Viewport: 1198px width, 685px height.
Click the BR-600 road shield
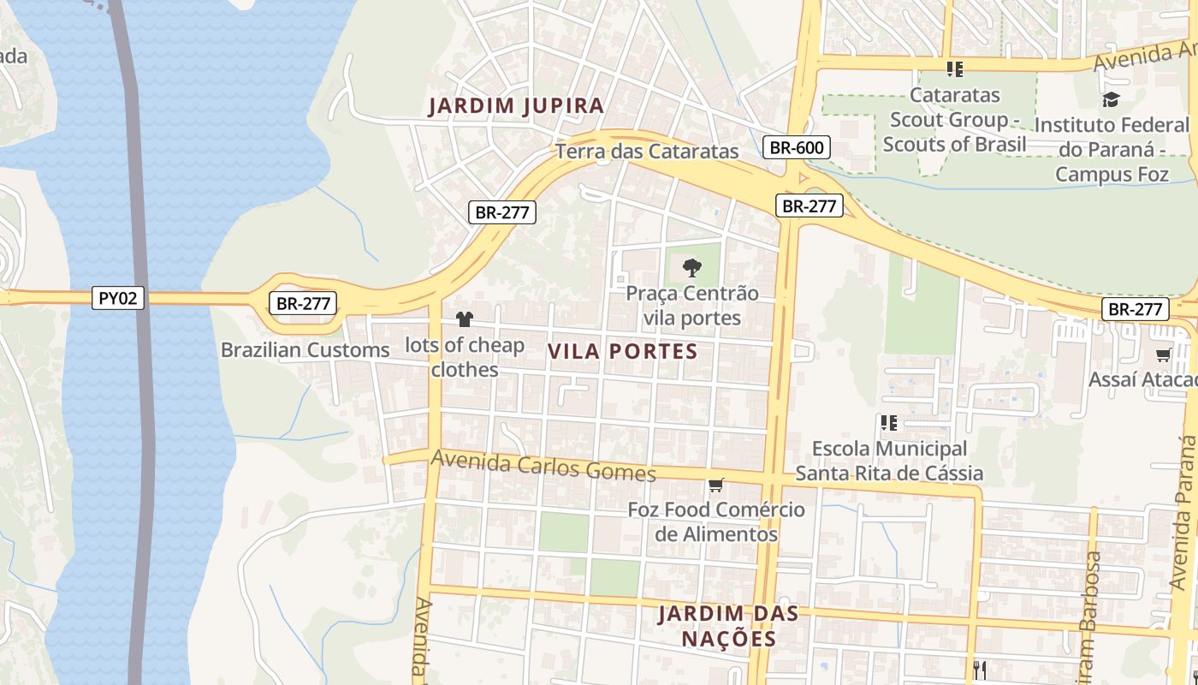point(796,147)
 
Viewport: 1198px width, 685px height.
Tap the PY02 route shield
point(118,298)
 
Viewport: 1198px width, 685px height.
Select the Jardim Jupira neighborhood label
point(516,106)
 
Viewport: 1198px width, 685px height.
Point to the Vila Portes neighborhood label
point(622,351)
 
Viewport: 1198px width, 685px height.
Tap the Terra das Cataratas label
point(647,152)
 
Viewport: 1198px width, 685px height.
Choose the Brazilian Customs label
point(305,349)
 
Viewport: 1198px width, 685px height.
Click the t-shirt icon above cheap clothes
point(464,319)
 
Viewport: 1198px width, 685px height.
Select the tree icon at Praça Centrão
point(691,267)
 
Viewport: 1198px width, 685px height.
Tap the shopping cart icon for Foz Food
point(716,485)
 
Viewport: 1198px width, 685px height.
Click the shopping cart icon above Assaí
point(1163,354)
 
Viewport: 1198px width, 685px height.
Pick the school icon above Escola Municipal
point(889,422)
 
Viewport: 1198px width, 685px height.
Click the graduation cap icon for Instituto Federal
point(1111,99)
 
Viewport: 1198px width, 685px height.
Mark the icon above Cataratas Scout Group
point(954,68)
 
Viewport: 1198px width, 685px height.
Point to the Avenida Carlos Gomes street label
point(543,465)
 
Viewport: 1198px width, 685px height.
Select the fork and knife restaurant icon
point(980,670)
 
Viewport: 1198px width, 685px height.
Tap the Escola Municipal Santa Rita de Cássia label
point(889,461)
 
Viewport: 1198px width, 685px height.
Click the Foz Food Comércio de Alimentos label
point(716,521)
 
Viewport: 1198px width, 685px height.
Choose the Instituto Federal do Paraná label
point(1112,149)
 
